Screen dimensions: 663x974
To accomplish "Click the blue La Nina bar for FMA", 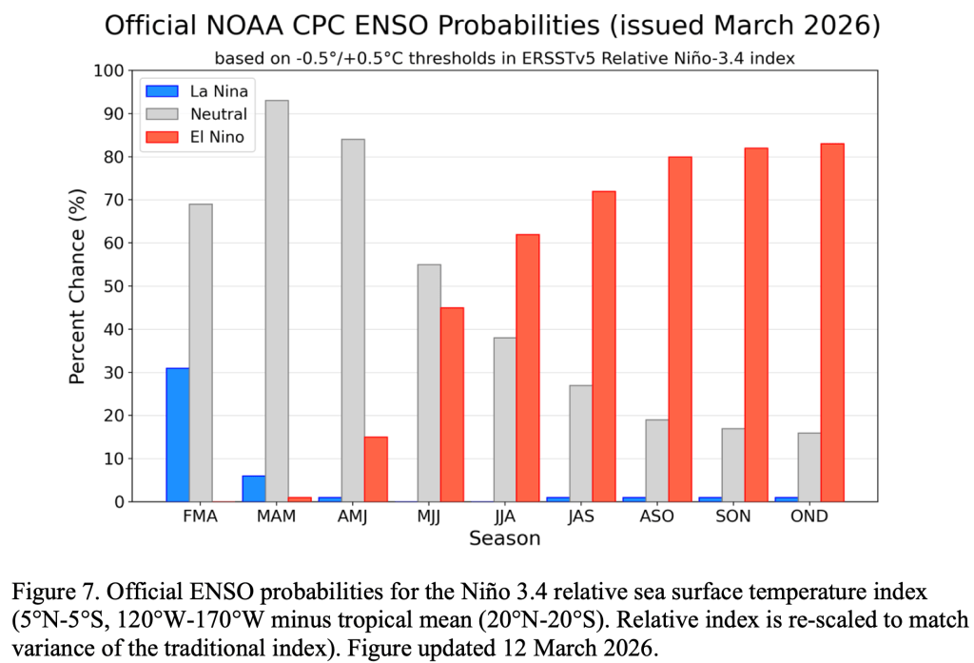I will pos(178,435).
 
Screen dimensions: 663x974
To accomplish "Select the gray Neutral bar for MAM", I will pos(277,301).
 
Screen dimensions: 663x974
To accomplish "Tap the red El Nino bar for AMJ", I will pos(376,469).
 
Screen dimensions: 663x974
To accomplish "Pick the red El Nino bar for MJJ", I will pos(452,404).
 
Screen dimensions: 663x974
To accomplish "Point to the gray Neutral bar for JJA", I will pos(505,419).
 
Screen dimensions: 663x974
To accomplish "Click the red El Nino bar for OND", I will pos(832,322).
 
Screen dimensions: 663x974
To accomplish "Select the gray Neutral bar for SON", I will pos(733,465).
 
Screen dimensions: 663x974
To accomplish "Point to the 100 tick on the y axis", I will pos(110,71).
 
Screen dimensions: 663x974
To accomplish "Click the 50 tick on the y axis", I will pos(115,286).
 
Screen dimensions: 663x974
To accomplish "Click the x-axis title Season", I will pos(504,538).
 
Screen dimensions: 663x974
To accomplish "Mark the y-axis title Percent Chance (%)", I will pos(78,285).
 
